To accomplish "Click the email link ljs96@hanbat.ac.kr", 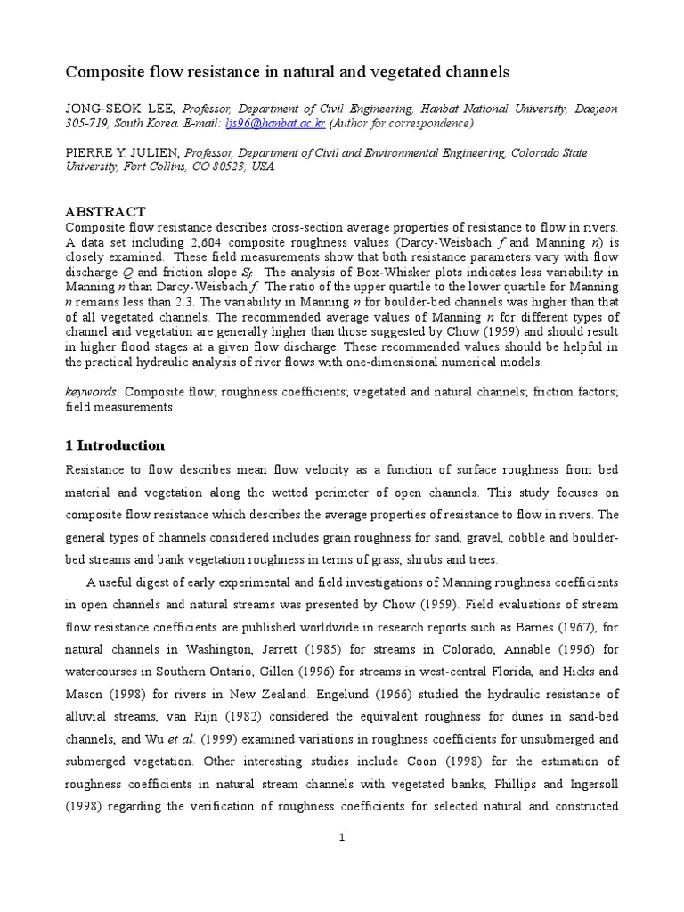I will coord(276,124).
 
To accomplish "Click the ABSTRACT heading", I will coord(105,211).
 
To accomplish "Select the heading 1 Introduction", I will coord(115,445).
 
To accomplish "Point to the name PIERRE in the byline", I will coord(89,152).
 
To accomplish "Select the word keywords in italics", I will coord(91,390).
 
